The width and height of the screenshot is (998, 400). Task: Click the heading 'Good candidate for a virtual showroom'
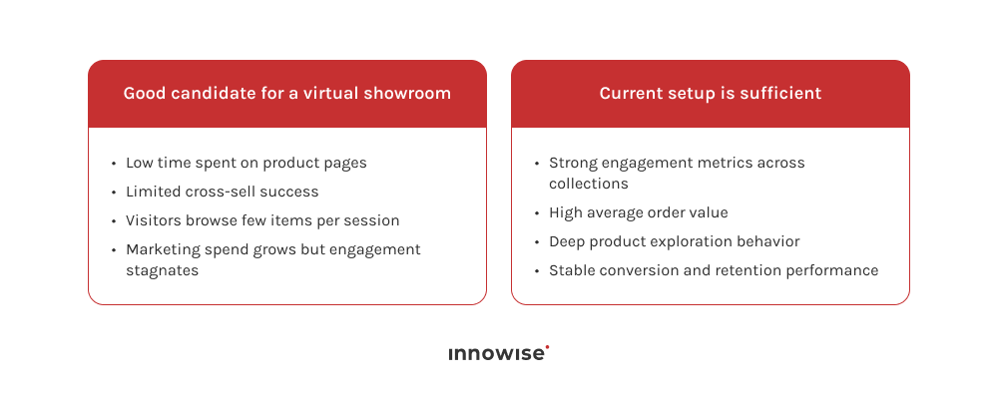pos(286,94)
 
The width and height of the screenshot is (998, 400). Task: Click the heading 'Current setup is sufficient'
pos(710,94)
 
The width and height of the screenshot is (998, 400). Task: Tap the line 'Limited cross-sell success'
pos(222,192)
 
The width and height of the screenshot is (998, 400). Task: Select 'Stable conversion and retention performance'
pos(714,270)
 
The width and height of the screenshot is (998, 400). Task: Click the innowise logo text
pos(496,354)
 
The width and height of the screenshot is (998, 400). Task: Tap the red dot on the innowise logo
pos(548,347)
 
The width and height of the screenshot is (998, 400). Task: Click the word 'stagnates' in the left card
pos(162,269)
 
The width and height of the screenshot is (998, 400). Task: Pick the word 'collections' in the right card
pos(589,184)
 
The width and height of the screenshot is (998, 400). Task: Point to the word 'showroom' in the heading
pos(412,94)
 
